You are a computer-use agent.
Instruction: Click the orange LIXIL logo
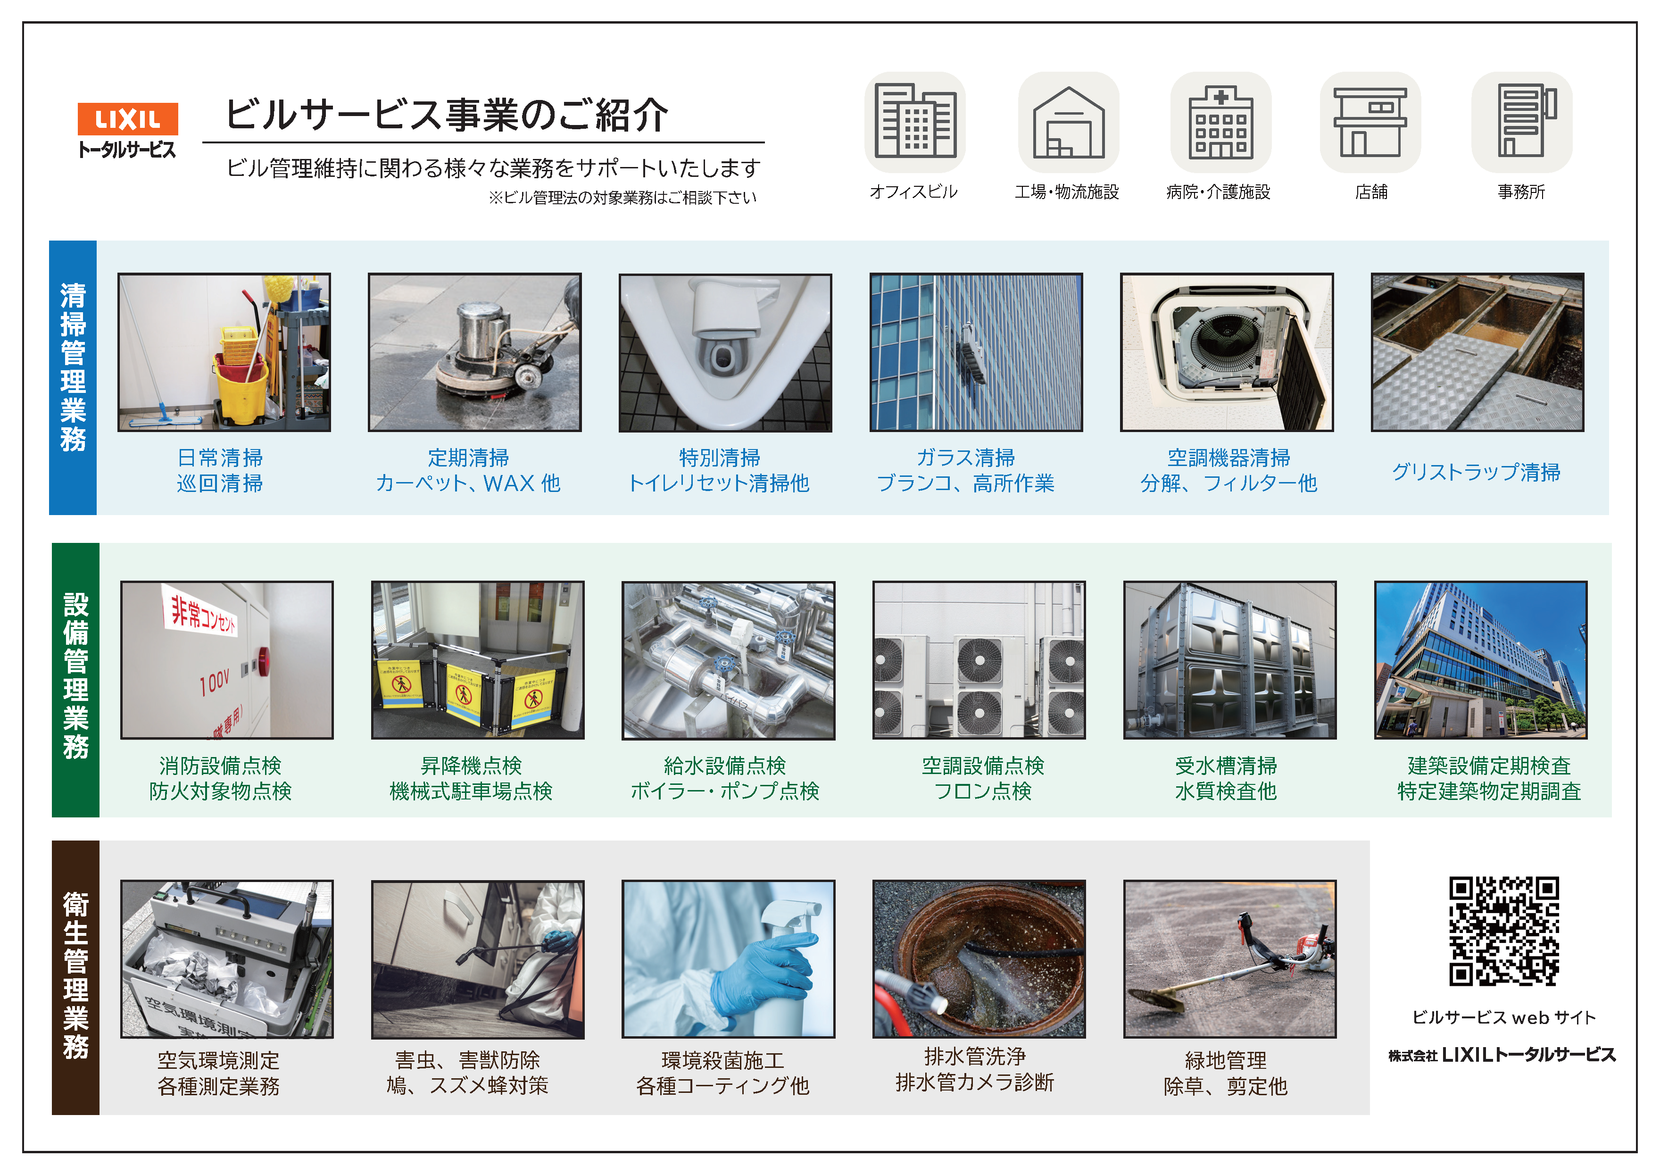click(x=128, y=118)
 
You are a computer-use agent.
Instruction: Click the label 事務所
click(x=1521, y=192)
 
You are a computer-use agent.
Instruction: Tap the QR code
click(x=1504, y=931)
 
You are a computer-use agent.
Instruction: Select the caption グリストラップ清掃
click(x=1477, y=472)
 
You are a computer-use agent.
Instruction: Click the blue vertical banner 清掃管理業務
click(x=73, y=377)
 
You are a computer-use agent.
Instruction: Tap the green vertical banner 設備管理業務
click(x=76, y=680)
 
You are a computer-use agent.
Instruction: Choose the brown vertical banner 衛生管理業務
click(x=76, y=977)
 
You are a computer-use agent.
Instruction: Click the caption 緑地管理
click(x=1226, y=1060)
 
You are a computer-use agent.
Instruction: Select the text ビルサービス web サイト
click(x=1504, y=1017)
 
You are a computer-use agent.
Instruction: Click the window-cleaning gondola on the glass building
click(x=971, y=354)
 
